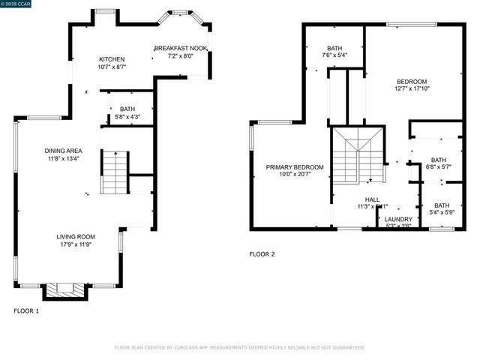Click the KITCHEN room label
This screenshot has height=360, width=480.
pyautogui.click(x=112, y=59)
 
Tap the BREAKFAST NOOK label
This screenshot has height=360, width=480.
pyautogui.click(x=180, y=49)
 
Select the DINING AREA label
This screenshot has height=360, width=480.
pyautogui.click(x=63, y=151)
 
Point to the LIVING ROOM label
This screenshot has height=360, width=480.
pyautogui.click(x=76, y=236)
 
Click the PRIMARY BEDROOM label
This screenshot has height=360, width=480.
pyautogui.click(x=295, y=166)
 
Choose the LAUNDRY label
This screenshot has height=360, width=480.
pyautogui.click(x=398, y=219)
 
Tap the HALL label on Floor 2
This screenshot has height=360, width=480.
pyautogui.click(x=373, y=199)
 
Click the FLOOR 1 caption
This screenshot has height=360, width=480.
pyautogui.click(x=26, y=310)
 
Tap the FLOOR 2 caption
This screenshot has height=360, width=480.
pyautogui.click(x=262, y=254)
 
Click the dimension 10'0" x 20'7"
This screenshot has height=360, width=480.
pyautogui.click(x=295, y=174)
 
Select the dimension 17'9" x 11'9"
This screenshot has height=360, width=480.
pyautogui.click(x=76, y=244)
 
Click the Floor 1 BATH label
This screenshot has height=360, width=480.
pyautogui.click(x=127, y=109)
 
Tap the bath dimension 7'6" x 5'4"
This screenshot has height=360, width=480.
pyautogui.click(x=334, y=55)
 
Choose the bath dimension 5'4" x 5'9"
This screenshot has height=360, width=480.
pyautogui.click(x=442, y=213)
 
